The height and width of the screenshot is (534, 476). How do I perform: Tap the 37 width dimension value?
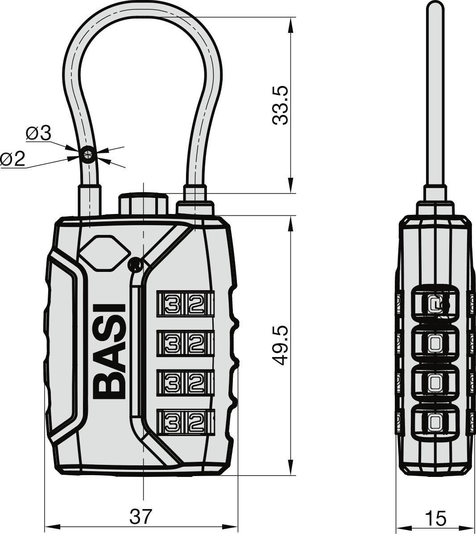(141, 516)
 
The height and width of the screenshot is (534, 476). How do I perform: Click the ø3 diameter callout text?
(38, 133)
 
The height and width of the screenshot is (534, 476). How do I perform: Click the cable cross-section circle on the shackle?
(88, 154)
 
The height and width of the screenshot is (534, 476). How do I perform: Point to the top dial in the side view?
(435, 304)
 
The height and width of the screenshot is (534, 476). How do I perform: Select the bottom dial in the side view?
(435, 421)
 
